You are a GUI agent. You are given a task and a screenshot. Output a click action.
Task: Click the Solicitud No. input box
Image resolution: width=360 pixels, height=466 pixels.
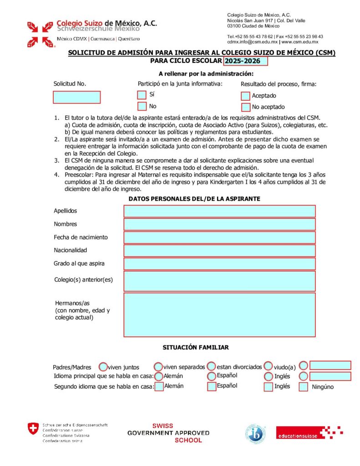(x=76, y=97)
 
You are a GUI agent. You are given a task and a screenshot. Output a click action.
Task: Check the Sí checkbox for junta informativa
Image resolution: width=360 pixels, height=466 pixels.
(x=142, y=95)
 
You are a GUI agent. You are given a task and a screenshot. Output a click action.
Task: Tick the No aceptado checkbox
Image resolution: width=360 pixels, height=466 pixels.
(x=246, y=107)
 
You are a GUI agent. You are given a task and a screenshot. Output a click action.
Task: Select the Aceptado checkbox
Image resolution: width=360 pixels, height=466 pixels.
(x=246, y=96)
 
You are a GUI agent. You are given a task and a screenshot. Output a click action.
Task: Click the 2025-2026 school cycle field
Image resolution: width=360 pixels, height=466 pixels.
(x=245, y=61)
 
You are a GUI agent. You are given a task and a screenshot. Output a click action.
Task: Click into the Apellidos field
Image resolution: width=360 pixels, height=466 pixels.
(x=219, y=211)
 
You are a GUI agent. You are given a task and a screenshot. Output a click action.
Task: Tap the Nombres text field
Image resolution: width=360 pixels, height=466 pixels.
(x=219, y=224)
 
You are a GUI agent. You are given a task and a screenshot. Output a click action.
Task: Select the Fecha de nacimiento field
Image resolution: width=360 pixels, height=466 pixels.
(x=219, y=237)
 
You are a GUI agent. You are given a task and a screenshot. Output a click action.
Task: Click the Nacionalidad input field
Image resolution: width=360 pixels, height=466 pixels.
(x=219, y=250)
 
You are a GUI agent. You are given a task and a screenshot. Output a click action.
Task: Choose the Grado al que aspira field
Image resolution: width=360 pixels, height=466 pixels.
(x=219, y=263)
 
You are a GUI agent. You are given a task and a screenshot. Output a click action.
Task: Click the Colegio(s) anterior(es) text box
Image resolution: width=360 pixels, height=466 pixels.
(x=219, y=281)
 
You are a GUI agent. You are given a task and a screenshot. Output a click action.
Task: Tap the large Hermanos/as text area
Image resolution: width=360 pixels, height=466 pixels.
(x=219, y=314)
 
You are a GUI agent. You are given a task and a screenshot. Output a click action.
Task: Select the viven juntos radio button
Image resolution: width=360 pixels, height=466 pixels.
(x=103, y=366)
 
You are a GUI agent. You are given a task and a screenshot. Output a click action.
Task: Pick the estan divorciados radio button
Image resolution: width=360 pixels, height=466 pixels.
(x=212, y=366)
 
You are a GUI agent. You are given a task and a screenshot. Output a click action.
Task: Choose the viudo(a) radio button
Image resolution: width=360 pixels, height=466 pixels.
(x=269, y=366)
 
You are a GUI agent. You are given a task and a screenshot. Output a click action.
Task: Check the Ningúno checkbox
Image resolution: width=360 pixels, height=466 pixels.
(x=304, y=387)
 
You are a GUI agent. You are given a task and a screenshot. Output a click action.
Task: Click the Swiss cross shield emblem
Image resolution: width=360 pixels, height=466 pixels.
(x=33, y=429)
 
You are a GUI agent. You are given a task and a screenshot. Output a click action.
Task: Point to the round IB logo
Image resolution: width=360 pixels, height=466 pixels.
(x=256, y=433)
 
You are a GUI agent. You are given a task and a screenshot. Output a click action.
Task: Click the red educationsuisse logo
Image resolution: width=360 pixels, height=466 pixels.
(x=309, y=433)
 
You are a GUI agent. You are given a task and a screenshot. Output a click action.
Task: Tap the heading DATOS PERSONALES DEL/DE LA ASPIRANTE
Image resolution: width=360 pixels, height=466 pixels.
(x=194, y=199)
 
